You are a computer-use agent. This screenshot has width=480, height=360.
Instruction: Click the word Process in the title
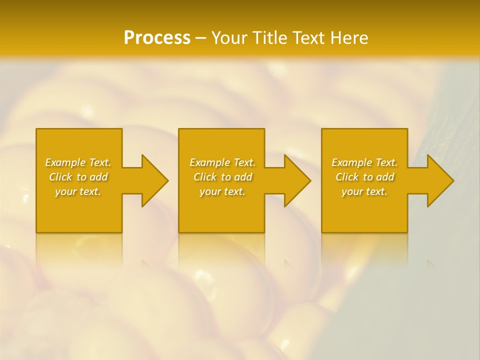click(157, 38)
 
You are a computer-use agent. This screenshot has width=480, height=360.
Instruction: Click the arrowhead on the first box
click(153, 181)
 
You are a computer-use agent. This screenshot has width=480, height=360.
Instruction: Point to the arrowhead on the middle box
click(295, 181)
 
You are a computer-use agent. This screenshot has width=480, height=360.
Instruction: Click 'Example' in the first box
click(65, 162)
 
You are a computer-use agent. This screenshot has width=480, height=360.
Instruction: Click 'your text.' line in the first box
click(78, 191)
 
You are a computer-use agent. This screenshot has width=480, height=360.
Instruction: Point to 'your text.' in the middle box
click(222, 191)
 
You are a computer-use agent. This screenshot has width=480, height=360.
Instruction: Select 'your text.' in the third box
click(364, 191)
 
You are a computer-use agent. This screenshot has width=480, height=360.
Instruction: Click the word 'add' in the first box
click(99, 177)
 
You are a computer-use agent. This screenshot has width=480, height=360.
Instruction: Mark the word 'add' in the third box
click(385, 177)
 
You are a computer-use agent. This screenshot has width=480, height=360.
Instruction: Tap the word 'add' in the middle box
click(243, 177)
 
